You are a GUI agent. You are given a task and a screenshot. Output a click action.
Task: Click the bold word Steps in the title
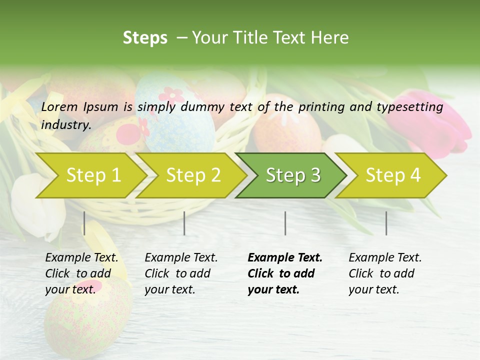point(145,37)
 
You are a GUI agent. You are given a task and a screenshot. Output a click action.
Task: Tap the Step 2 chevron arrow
point(193,175)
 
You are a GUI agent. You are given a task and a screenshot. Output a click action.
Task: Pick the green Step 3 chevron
point(293,175)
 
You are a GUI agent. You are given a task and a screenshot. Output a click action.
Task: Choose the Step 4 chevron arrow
point(393,175)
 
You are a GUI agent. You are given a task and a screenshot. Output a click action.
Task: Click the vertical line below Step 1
point(84,223)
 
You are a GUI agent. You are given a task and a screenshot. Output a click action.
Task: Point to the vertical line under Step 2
point(184,223)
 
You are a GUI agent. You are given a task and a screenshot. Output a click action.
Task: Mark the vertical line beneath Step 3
point(285,223)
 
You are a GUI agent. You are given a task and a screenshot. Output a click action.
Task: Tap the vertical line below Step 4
point(386,223)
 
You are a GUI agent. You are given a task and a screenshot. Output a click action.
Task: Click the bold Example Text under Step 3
point(285,257)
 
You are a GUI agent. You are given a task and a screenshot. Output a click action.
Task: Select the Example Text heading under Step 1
point(81,257)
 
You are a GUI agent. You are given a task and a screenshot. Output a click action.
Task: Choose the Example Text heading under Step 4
point(385,257)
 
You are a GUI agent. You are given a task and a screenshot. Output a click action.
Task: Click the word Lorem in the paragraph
point(59,106)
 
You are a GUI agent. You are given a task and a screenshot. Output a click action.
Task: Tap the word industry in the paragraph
point(66,124)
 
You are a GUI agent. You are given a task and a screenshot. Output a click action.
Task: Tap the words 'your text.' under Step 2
point(170,289)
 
